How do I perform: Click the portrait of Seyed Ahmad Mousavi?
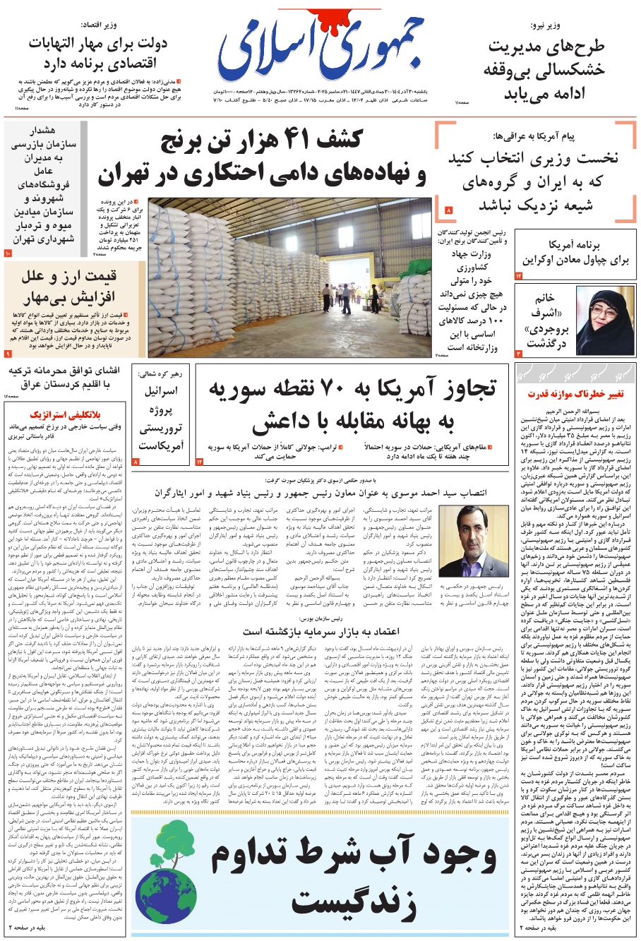(x=462, y=540)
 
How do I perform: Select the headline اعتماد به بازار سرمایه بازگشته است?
(x=320, y=630)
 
